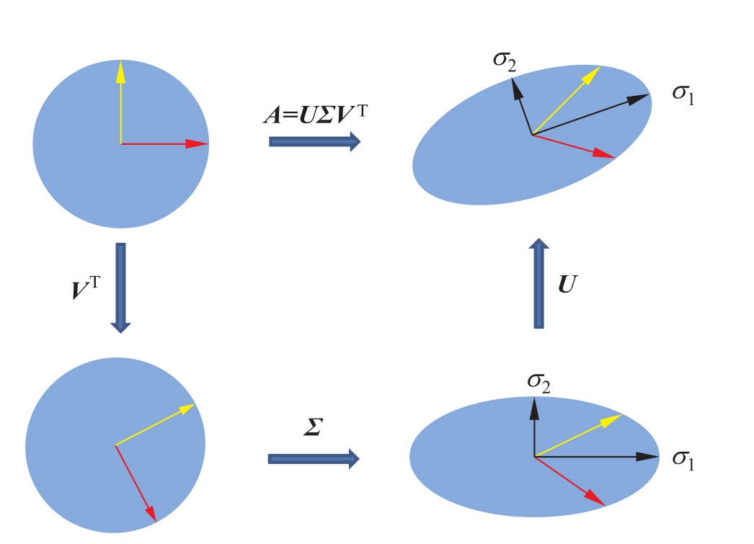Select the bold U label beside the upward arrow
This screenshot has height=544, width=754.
(568, 286)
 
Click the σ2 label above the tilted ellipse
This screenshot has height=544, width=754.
(505, 59)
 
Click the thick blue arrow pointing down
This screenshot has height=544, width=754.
(120, 287)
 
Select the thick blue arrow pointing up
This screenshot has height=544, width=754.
(538, 284)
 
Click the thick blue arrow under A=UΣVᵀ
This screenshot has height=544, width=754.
(314, 141)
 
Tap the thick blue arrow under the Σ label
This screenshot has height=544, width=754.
(314, 458)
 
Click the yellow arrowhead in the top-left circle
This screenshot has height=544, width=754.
(120, 71)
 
